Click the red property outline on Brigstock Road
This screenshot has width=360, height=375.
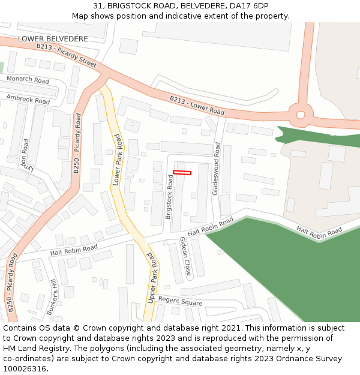pos(182,173)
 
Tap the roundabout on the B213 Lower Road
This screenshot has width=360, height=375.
pos(300,113)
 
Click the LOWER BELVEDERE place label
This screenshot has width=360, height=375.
pos(53,39)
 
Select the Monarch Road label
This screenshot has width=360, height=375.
pos(28,80)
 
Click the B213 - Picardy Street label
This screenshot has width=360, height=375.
pos(66,55)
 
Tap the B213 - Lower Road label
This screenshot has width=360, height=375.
pos(197,106)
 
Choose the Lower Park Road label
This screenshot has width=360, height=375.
pos(117,160)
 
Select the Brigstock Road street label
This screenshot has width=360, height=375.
pos(169,197)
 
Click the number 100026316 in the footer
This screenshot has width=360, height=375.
pos(24,369)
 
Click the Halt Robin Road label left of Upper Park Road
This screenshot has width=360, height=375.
pos(74,250)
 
